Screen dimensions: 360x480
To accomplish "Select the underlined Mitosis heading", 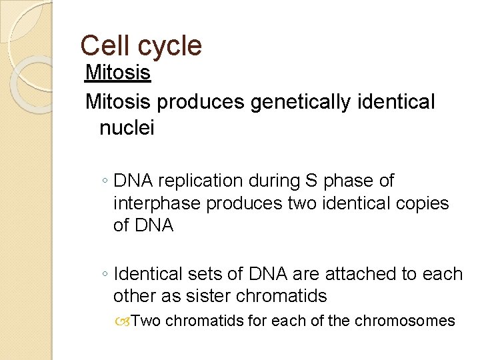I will click(x=118, y=73).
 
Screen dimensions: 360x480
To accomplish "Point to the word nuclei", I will click(x=127, y=127).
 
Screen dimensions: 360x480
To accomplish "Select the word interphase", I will click(x=157, y=203).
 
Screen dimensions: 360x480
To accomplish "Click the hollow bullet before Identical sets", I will click(x=105, y=274).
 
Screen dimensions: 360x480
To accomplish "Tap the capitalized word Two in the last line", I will click(x=146, y=321).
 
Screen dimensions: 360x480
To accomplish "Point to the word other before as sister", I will click(x=137, y=295).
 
